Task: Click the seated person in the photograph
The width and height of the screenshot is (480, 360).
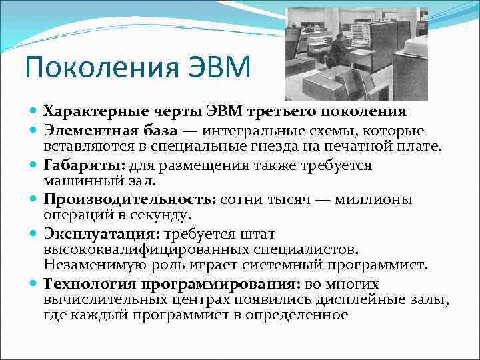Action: (338, 53)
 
